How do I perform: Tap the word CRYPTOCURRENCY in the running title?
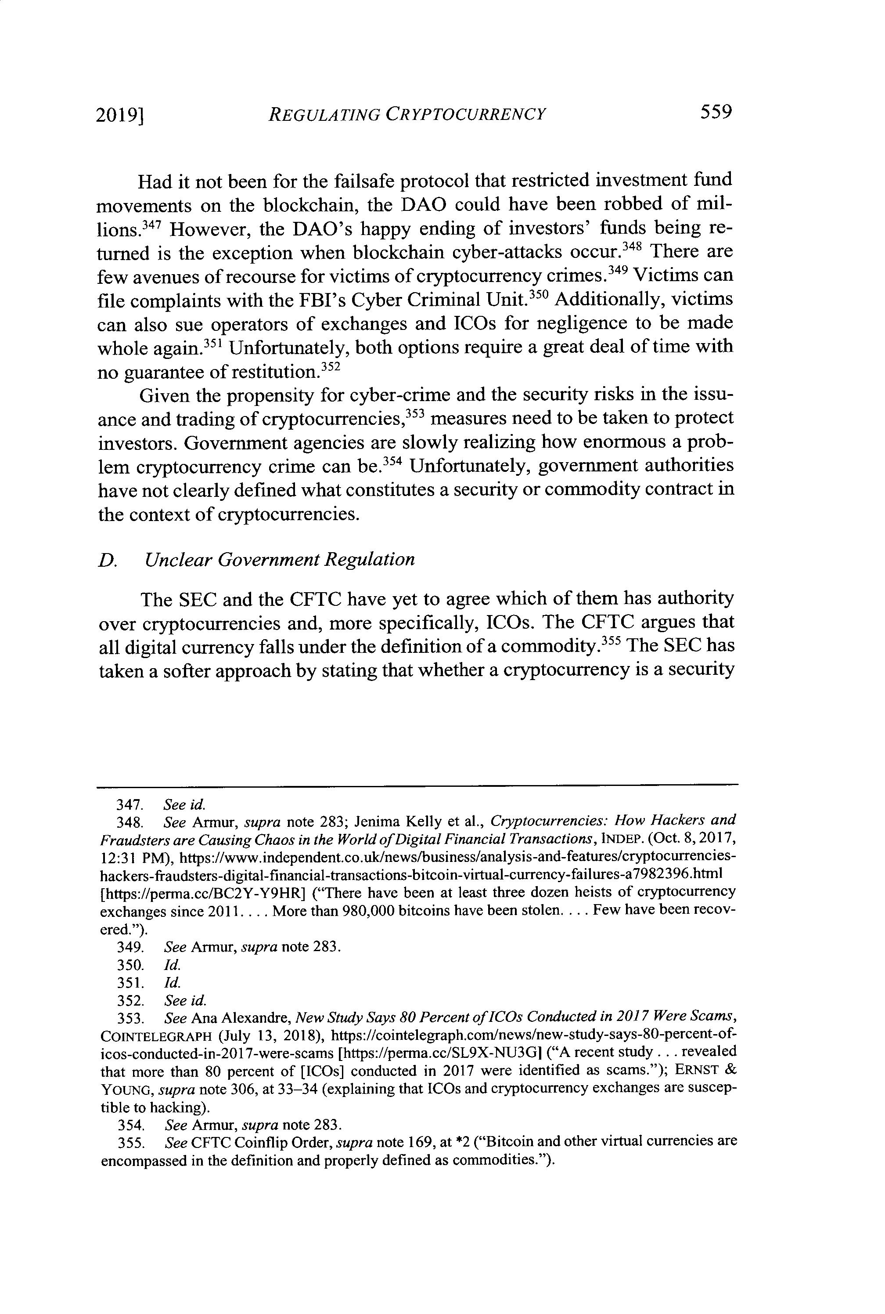(x=466, y=115)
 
